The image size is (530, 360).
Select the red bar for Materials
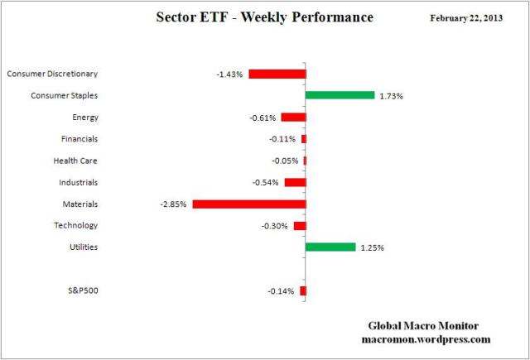248,204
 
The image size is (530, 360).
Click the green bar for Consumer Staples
340,95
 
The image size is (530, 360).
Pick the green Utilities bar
330,247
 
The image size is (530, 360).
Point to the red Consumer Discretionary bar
277,74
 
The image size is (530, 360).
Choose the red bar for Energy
293,118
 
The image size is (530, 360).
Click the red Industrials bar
295,182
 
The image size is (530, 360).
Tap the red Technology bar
300,225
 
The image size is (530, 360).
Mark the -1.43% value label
229,74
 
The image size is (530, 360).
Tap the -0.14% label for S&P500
281,291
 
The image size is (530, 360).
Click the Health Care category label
75,161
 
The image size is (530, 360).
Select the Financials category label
79,139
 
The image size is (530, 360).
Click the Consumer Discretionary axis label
52,74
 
